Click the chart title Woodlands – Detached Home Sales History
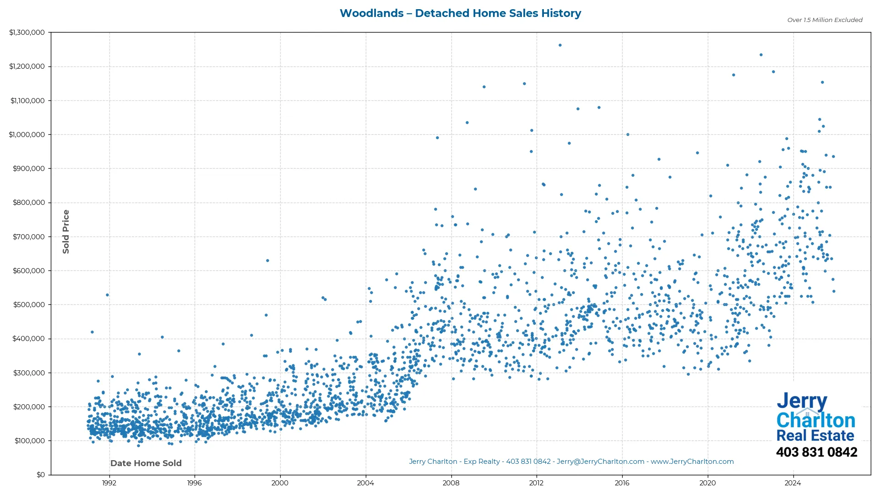coord(460,13)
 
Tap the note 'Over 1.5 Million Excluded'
coord(825,20)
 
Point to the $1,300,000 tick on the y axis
coord(27,33)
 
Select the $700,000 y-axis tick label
coord(29,236)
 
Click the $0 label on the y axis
coord(41,475)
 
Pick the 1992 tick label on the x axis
coord(109,483)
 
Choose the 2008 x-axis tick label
coord(451,483)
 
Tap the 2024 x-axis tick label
coord(793,483)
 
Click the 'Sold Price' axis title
coord(66,231)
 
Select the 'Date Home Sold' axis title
coord(146,463)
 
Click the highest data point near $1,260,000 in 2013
coord(560,45)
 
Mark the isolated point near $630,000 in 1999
coord(268,261)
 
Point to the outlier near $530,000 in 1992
coord(108,295)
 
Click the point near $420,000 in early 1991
coord(92,332)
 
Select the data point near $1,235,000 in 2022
coord(761,55)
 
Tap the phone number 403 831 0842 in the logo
coord(816,452)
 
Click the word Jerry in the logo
coord(802,402)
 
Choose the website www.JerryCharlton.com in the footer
coord(692,462)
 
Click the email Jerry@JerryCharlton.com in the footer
coord(600,462)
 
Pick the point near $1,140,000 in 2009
coord(484,87)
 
